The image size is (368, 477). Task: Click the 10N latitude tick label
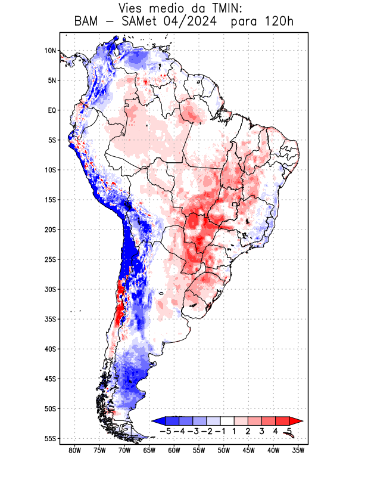[50, 51]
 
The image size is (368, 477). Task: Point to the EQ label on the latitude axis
[51, 110]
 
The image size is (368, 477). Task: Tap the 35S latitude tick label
[49, 319]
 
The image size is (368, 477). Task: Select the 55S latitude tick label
[49, 438]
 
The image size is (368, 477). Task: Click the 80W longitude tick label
[75, 451]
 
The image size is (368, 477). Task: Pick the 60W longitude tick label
[174, 451]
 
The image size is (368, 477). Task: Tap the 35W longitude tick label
[298, 451]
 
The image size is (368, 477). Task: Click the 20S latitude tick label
[49, 230]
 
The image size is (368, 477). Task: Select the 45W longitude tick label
[248, 451]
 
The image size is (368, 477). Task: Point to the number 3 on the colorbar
[262, 431]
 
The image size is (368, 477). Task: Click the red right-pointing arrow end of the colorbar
[295, 421]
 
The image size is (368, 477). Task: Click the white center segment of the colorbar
[227, 421]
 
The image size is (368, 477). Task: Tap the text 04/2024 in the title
[203, 23]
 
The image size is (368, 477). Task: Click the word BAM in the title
[88, 23]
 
